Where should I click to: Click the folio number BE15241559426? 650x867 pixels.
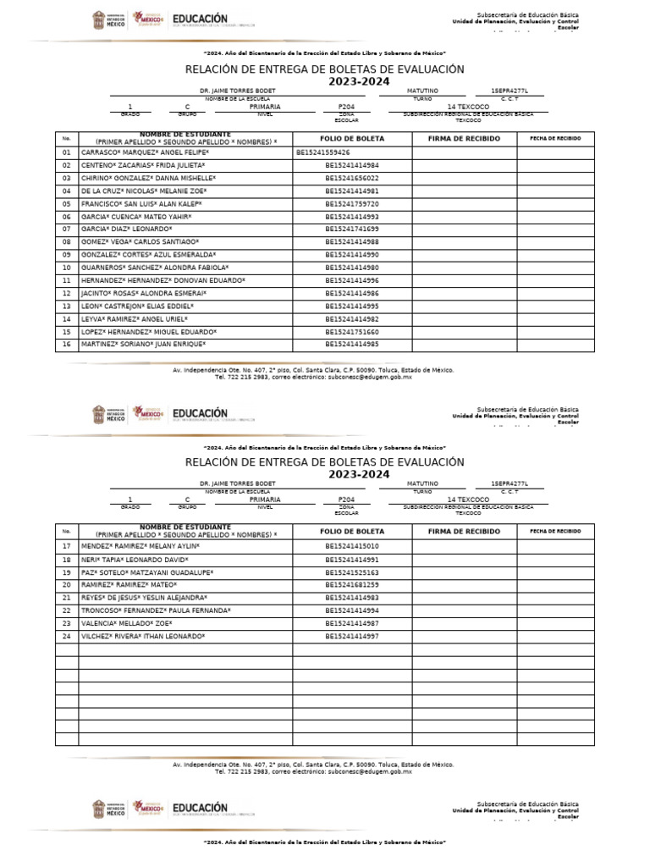(323, 152)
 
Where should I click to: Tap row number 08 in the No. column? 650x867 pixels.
(66, 242)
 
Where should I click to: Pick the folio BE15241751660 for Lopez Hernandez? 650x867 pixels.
(352, 332)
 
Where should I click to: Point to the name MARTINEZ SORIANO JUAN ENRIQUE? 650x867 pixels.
(144, 345)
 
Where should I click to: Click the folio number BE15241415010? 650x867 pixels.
(352, 546)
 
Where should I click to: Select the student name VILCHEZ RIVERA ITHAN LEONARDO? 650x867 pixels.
(143, 636)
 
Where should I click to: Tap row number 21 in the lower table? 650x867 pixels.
(66, 598)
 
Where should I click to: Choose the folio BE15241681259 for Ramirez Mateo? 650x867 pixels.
(352, 585)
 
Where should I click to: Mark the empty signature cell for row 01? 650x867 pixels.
(464, 152)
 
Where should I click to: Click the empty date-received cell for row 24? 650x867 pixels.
(555, 636)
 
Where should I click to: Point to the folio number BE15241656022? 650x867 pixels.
(352, 179)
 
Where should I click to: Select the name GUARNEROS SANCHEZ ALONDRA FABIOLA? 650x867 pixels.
(155, 268)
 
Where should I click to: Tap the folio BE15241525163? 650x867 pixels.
(352, 572)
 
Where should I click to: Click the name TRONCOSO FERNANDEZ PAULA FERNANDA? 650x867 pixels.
(156, 610)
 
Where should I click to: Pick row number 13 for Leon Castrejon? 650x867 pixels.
(66, 306)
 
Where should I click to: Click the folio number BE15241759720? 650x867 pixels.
(352, 204)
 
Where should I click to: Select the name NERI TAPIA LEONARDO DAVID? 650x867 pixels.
(135, 560)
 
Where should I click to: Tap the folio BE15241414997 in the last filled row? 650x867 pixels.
(352, 636)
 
